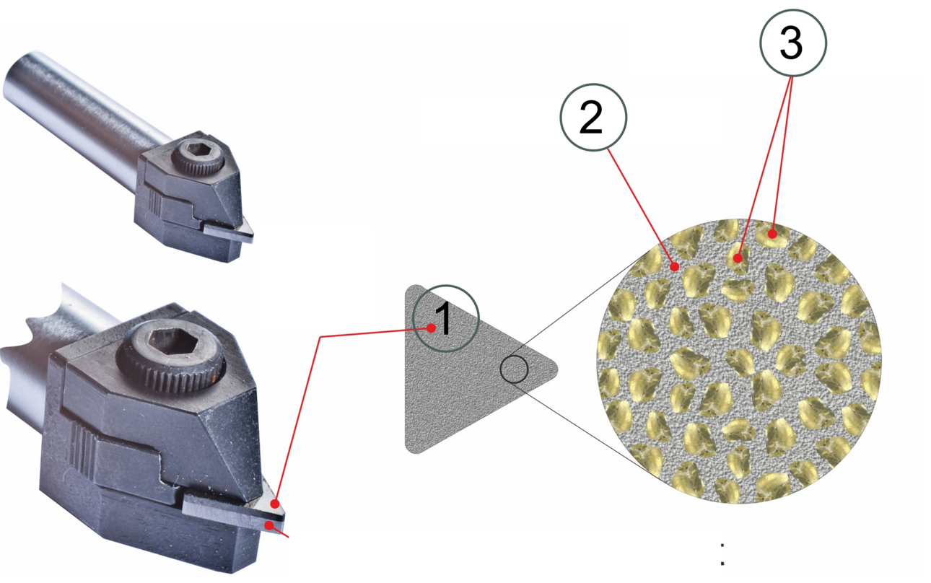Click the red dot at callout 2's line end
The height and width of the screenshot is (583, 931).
pyautogui.click(x=675, y=266)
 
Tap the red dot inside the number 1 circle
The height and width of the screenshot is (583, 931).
pyautogui.click(x=432, y=328)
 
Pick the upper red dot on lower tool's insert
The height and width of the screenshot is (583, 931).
pyautogui.click(x=274, y=504)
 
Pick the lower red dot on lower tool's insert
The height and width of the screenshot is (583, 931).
pyautogui.click(x=270, y=526)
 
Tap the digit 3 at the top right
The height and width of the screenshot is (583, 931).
pyautogui.click(x=791, y=43)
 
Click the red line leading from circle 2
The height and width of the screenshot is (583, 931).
pyautogui.click(x=642, y=207)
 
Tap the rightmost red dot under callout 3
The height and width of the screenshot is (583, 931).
pyautogui.click(x=772, y=234)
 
